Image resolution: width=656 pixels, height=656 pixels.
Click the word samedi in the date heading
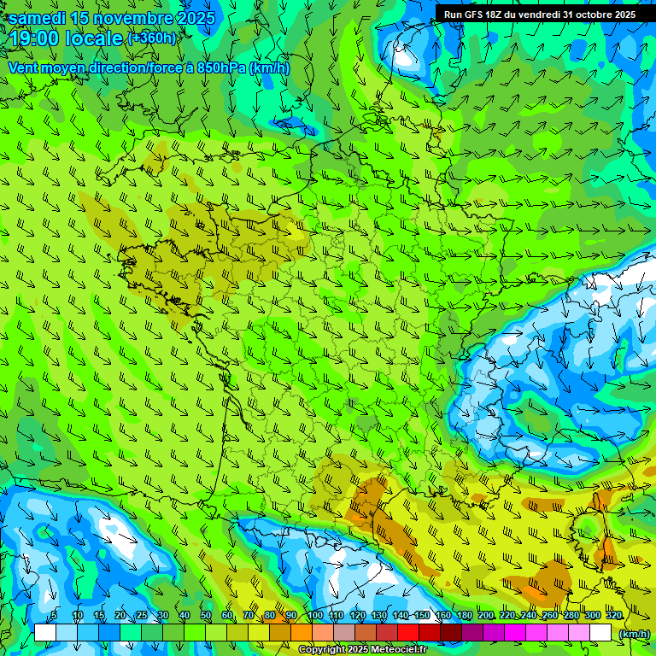click(38, 18)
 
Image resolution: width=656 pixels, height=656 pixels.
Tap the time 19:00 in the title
click(34, 38)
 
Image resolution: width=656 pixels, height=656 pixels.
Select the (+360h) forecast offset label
click(151, 38)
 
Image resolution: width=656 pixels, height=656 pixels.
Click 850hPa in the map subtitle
click(221, 67)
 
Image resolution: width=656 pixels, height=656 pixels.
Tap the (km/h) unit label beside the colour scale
click(634, 634)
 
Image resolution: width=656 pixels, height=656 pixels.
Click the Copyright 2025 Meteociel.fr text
click(363, 650)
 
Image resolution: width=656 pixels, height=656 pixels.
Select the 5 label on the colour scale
click(54, 615)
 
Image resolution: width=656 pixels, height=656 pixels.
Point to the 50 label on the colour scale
click(206, 615)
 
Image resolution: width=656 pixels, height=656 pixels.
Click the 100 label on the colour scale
click(314, 615)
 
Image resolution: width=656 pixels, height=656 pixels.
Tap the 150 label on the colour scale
click(422, 615)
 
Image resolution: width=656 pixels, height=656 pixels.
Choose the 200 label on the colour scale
click(486, 615)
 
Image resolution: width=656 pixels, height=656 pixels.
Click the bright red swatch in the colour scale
click(408, 633)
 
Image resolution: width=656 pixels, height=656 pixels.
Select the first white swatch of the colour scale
click(45, 633)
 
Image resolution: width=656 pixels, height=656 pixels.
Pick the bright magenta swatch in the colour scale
click(515, 633)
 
